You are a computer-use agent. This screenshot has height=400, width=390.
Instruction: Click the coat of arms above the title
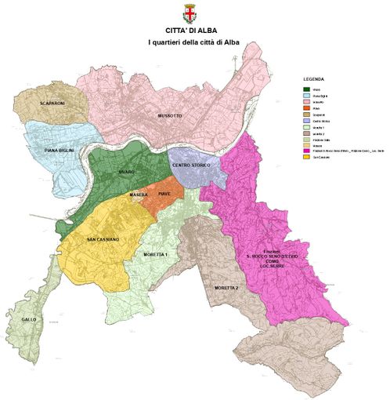(189, 13)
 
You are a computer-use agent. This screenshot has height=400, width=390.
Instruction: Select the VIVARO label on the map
(128, 170)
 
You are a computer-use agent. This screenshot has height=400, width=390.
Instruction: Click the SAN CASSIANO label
(103, 238)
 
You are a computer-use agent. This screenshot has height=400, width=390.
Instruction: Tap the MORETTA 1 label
(156, 256)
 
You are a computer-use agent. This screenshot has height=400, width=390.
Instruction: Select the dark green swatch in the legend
(307, 89)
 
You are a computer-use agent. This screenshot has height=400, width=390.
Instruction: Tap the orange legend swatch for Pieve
(307, 109)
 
